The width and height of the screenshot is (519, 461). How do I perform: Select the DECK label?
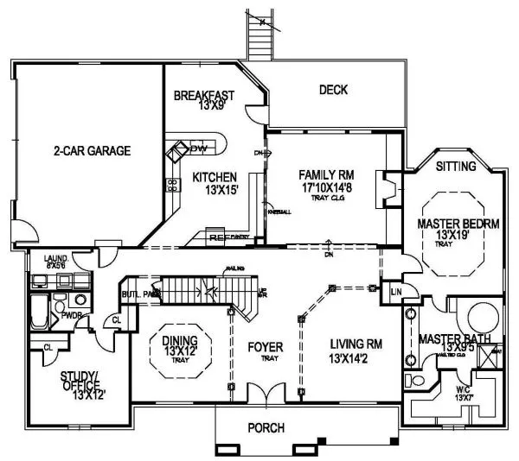(333, 90)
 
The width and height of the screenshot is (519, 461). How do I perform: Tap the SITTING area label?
(455, 166)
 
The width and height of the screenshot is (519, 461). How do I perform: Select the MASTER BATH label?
(455, 338)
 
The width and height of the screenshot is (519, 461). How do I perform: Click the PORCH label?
(266, 427)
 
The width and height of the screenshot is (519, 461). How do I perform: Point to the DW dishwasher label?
(201, 148)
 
